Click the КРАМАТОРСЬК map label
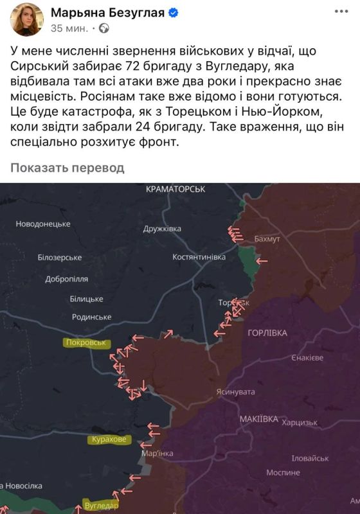175,189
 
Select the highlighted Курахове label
109,440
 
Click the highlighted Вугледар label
102,506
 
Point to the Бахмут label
267,239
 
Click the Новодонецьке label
44,224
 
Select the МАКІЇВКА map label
258,419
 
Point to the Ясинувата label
236,392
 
